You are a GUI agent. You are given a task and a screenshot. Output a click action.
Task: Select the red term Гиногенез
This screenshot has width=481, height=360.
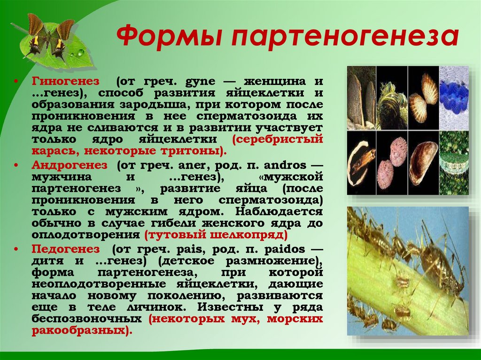click(x=65, y=81)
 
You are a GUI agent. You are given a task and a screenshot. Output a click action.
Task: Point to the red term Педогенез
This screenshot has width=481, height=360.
click(x=66, y=248)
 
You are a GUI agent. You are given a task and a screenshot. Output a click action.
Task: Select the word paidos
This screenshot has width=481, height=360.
click(x=280, y=248)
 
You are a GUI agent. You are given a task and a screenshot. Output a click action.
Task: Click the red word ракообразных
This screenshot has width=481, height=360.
click(x=78, y=330)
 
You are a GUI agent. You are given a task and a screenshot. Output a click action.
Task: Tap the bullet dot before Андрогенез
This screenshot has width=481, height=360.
click(x=17, y=166)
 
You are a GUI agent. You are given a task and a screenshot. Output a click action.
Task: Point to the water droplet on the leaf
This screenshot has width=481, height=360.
click(x=81, y=52)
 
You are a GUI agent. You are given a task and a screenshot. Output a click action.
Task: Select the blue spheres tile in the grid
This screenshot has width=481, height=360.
click(x=454, y=98)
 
